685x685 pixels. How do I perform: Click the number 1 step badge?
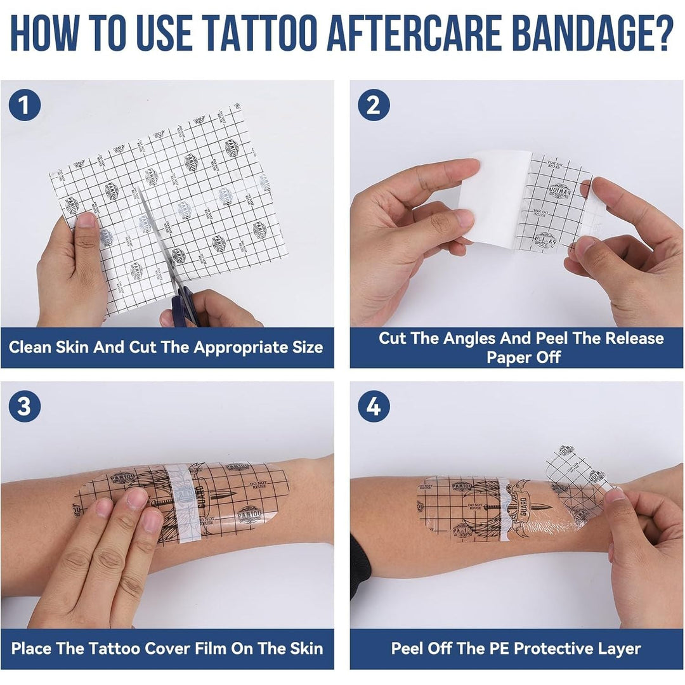(x=24, y=105)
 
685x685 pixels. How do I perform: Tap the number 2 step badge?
(x=374, y=105)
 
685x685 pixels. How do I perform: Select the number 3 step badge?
(x=24, y=407)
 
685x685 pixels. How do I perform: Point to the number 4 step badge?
(x=374, y=407)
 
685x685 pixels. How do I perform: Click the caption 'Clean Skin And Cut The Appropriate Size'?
(x=166, y=347)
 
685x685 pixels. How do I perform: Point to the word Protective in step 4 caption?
(x=545, y=648)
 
